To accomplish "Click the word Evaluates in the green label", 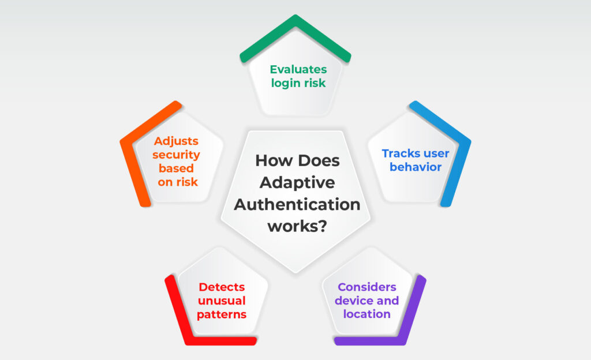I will pos(298,69).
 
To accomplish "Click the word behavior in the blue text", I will pos(416,167).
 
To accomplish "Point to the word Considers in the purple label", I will pos(367,287).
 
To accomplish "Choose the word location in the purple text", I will pos(367,314).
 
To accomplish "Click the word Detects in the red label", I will pos(222,287).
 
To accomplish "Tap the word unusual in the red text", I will pos(222,301).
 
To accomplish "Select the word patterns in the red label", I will pos(222,314).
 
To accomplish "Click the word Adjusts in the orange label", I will pos(176,141).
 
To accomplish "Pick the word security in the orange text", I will pos(176,155).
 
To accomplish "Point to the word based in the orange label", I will pos(176,168).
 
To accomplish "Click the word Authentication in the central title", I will pos(297,204).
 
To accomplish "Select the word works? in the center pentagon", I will pos(297,226).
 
